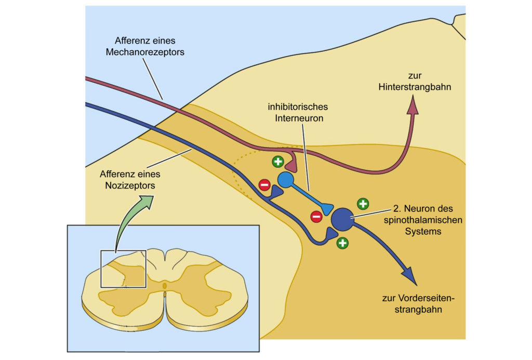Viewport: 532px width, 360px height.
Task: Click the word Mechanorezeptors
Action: [x=145, y=52]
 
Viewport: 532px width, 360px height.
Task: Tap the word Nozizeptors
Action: [x=130, y=185]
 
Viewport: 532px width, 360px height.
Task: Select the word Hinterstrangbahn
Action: [x=415, y=87]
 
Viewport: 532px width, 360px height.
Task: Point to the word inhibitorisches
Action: [x=298, y=107]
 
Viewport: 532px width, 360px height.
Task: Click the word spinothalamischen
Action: [x=423, y=220]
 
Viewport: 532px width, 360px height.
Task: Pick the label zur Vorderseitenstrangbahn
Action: [x=418, y=304]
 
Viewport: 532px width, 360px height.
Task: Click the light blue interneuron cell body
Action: [x=286, y=180]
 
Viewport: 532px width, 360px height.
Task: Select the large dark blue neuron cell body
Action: [x=342, y=220]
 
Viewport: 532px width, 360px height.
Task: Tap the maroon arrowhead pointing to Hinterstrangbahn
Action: [x=413, y=105]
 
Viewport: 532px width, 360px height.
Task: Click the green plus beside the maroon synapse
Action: [x=278, y=162]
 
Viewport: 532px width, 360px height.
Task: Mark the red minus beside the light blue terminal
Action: [x=316, y=217]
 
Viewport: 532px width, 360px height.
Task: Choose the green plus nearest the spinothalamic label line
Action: [x=363, y=204]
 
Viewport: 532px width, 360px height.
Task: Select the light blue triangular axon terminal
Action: [x=327, y=208]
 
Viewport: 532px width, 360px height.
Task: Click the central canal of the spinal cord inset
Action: [x=165, y=286]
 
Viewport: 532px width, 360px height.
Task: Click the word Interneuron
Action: [x=299, y=118]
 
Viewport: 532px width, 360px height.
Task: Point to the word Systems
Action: [x=423, y=232]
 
